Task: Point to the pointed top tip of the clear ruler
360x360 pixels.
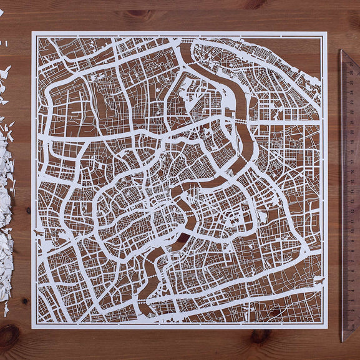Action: coord(341,51)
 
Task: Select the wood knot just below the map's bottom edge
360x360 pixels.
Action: coord(260,336)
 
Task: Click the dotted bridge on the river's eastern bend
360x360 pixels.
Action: coord(240,119)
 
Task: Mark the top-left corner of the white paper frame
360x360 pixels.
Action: coord(32,32)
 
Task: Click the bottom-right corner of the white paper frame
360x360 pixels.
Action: coord(327,327)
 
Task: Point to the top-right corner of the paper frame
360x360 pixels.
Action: coord(327,32)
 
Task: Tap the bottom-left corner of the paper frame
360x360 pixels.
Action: coord(32,327)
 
